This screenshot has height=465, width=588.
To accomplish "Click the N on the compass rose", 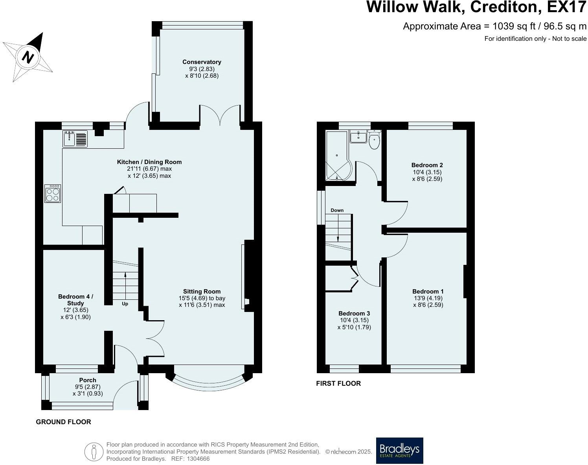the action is pos(28,57).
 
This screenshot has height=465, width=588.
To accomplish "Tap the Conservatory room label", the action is pos(202,62).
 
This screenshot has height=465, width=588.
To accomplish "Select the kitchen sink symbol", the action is pos(75,139).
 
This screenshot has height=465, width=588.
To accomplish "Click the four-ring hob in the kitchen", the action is pos(53,194).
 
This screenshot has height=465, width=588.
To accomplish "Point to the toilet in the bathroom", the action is pos(374,140).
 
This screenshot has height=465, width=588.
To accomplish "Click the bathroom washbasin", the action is pos(358,136).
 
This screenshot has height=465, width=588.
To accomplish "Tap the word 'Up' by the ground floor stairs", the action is pos(125,304).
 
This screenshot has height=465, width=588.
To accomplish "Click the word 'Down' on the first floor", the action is pos(337,210).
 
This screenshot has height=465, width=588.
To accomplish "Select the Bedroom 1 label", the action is pos(428,292).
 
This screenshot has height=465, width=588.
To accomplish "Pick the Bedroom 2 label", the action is pos(427,165).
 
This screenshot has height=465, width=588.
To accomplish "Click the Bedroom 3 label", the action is pos(354,313).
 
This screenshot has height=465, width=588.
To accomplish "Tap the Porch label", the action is pos(88,380).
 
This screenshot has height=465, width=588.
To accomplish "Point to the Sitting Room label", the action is pos(202,292).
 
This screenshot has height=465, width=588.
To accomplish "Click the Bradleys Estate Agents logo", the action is pos(399,450).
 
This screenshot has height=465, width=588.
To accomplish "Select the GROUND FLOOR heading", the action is pos(63,422).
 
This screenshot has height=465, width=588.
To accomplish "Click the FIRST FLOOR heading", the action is pos(338,383).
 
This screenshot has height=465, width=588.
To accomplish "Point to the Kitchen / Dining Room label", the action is pos(149,162).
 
